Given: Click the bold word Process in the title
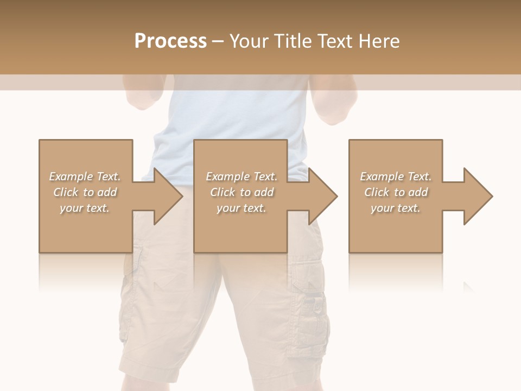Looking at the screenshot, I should tap(170, 41).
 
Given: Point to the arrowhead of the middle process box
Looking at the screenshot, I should tap(322, 196).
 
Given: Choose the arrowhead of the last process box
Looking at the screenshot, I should tap(477, 196).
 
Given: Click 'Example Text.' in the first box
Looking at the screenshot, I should tap(85, 176).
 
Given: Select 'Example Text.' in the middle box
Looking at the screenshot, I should tap(241, 176).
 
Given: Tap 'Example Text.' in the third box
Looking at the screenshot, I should tap(396, 176).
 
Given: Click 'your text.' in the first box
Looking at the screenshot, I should tap(85, 208).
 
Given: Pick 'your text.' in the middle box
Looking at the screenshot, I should tap(241, 208).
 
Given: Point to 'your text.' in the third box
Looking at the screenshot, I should tap(396, 208).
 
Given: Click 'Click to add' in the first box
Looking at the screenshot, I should tap(85, 192).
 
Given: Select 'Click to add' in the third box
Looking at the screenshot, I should tap(396, 192).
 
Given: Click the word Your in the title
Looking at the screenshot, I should tap(247, 41).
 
